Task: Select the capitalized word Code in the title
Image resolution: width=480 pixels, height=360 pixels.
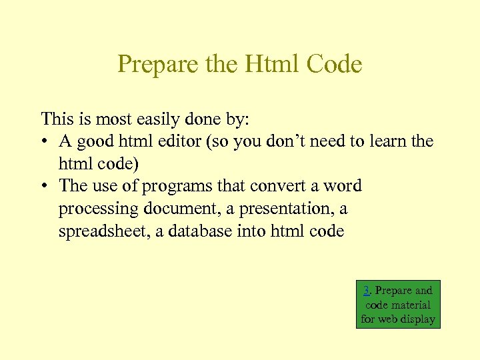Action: click(335, 65)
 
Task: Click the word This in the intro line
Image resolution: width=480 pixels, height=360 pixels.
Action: click(56, 119)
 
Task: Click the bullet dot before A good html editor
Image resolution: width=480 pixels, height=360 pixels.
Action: click(45, 142)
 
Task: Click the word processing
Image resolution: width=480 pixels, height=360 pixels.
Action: click(95, 209)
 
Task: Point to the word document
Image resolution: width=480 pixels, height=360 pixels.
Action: click(174, 209)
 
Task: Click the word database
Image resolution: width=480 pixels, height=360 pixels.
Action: click(205, 231)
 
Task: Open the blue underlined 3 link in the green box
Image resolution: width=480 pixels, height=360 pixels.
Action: click(367, 291)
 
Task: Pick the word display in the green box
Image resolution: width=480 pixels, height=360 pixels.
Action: click(417, 319)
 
